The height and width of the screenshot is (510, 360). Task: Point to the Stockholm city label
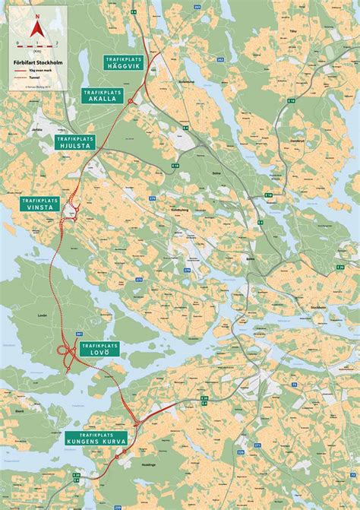317,306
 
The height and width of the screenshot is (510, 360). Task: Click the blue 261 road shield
78,334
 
